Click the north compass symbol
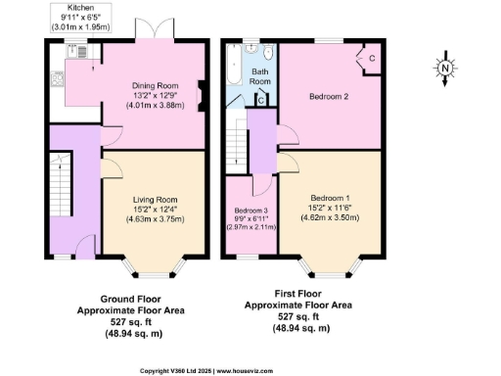(x=443, y=70)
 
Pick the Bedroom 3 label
(x=250, y=210)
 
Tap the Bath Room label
(x=260, y=77)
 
